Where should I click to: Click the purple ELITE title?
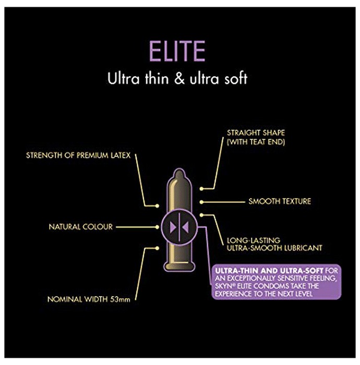[177, 51]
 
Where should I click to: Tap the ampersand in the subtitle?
[179, 79]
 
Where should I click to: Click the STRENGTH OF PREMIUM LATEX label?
[78, 155]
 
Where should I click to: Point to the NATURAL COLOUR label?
[80, 227]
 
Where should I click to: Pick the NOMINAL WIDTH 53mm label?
[89, 299]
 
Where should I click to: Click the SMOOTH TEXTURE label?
[280, 201]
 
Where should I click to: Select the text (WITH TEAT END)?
[256, 142]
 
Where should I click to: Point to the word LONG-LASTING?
[254, 240]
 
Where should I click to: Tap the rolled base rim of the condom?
[179, 267]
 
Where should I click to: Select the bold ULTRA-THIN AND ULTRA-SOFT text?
[269, 271]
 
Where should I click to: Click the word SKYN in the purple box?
[221, 286]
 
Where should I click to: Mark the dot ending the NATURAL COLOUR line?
[157, 227]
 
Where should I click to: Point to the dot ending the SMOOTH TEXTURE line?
[201, 202]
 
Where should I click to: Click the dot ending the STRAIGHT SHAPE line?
[201, 189]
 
